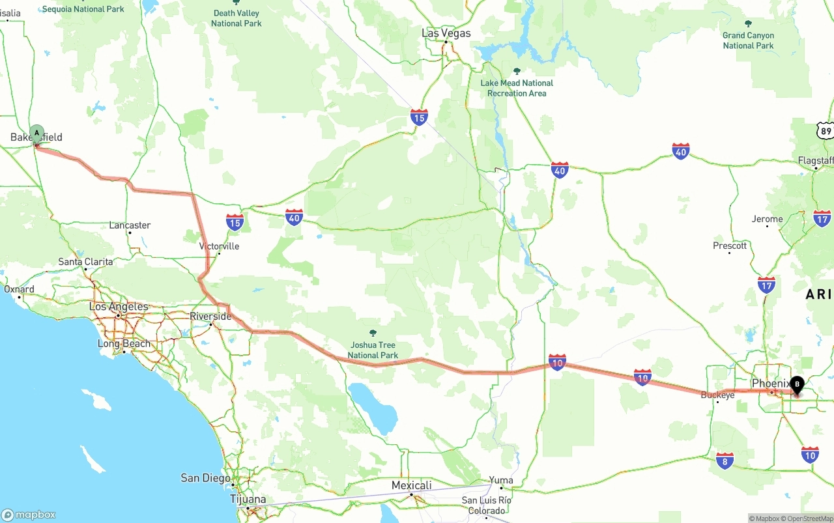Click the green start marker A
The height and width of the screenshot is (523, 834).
coord(37,134)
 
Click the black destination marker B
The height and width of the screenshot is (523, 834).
coord(797,385)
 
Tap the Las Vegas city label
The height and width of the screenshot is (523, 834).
coord(446,33)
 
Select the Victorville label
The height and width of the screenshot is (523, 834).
coord(219,246)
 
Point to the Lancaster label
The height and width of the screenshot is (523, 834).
coord(130,225)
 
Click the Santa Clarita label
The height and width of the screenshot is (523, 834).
coord(85,262)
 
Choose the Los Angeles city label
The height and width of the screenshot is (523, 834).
coord(119,307)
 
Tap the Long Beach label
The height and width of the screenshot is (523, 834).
coord(124,343)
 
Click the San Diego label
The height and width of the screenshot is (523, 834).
coord(205,478)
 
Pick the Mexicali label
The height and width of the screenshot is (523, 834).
coord(411,485)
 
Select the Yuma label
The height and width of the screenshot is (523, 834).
coord(501,481)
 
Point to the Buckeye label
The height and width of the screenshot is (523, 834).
coord(717,395)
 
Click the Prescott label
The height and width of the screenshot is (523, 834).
coord(730,246)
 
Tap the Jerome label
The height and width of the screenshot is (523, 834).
coord(767,219)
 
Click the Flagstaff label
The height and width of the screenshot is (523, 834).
coord(816,160)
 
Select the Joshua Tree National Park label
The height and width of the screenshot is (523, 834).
coord(373,350)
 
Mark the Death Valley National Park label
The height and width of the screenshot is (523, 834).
coord(236,18)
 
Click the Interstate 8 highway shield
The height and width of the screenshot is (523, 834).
coord(725,460)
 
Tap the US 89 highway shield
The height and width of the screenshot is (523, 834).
coord(826,130)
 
